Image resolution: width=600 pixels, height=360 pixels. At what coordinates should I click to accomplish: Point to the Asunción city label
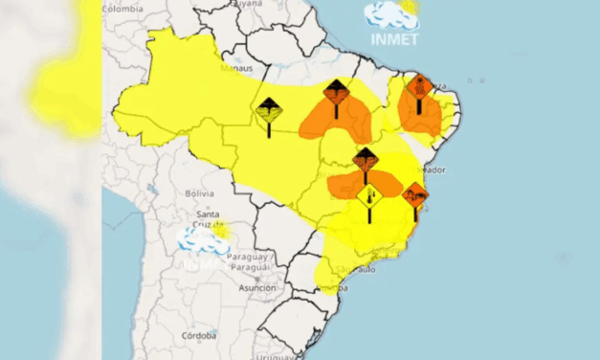click(256, 287)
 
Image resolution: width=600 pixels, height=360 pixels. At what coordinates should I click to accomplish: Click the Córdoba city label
click(201, 336)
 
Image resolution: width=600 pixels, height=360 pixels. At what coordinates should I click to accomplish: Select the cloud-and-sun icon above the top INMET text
click(392, 14)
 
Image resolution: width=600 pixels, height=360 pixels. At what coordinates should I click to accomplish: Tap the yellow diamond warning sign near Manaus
click(269, 112)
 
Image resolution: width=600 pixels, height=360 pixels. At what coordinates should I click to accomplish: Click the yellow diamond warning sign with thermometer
click(369, 195)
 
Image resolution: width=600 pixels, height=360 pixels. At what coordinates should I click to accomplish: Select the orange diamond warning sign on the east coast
click(414, 195)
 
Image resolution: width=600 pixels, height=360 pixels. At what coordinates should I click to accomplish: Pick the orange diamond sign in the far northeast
click(418, 87)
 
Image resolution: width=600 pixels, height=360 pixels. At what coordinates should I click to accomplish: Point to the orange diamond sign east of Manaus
click(336, 92)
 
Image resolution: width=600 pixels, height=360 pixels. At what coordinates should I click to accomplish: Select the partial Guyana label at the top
click(249, 4)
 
